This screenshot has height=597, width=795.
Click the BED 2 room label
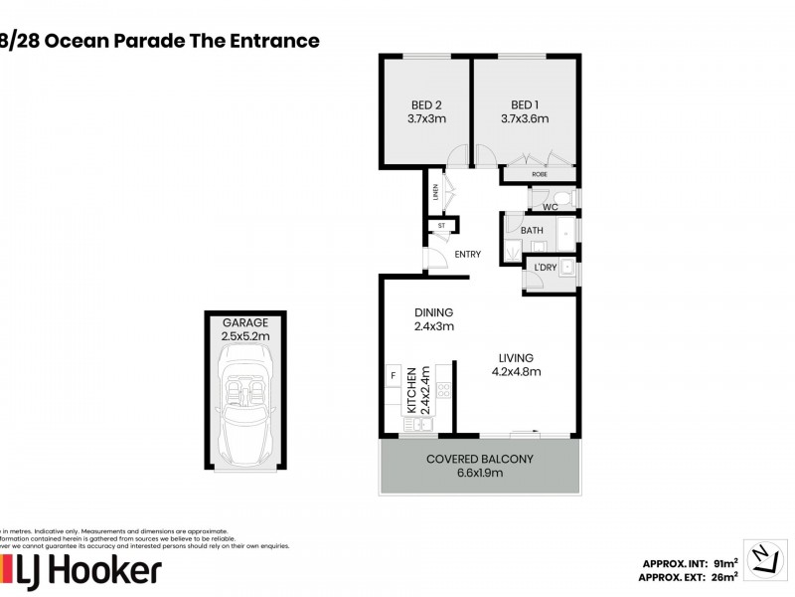click(x=426, y=104)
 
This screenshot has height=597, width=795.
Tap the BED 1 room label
click(x=525, y=104)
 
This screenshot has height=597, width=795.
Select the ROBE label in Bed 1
click(x=540, y=174)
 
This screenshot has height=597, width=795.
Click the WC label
click(x=549, y=207)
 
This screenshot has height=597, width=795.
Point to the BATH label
click(x=533, y=231)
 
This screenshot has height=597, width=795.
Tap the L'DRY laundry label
click(x=545, y=268)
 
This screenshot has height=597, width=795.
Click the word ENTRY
click(x=467, y=255)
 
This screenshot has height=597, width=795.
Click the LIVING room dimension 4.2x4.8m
click(x=517, y=372)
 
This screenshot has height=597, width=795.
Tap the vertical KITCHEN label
click(x=409, y=389)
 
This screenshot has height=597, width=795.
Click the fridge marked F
click(x=393, y=375)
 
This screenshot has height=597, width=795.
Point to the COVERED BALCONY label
click(x=480, y=459)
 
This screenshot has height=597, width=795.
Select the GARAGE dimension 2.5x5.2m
click(x=245, y=336)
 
